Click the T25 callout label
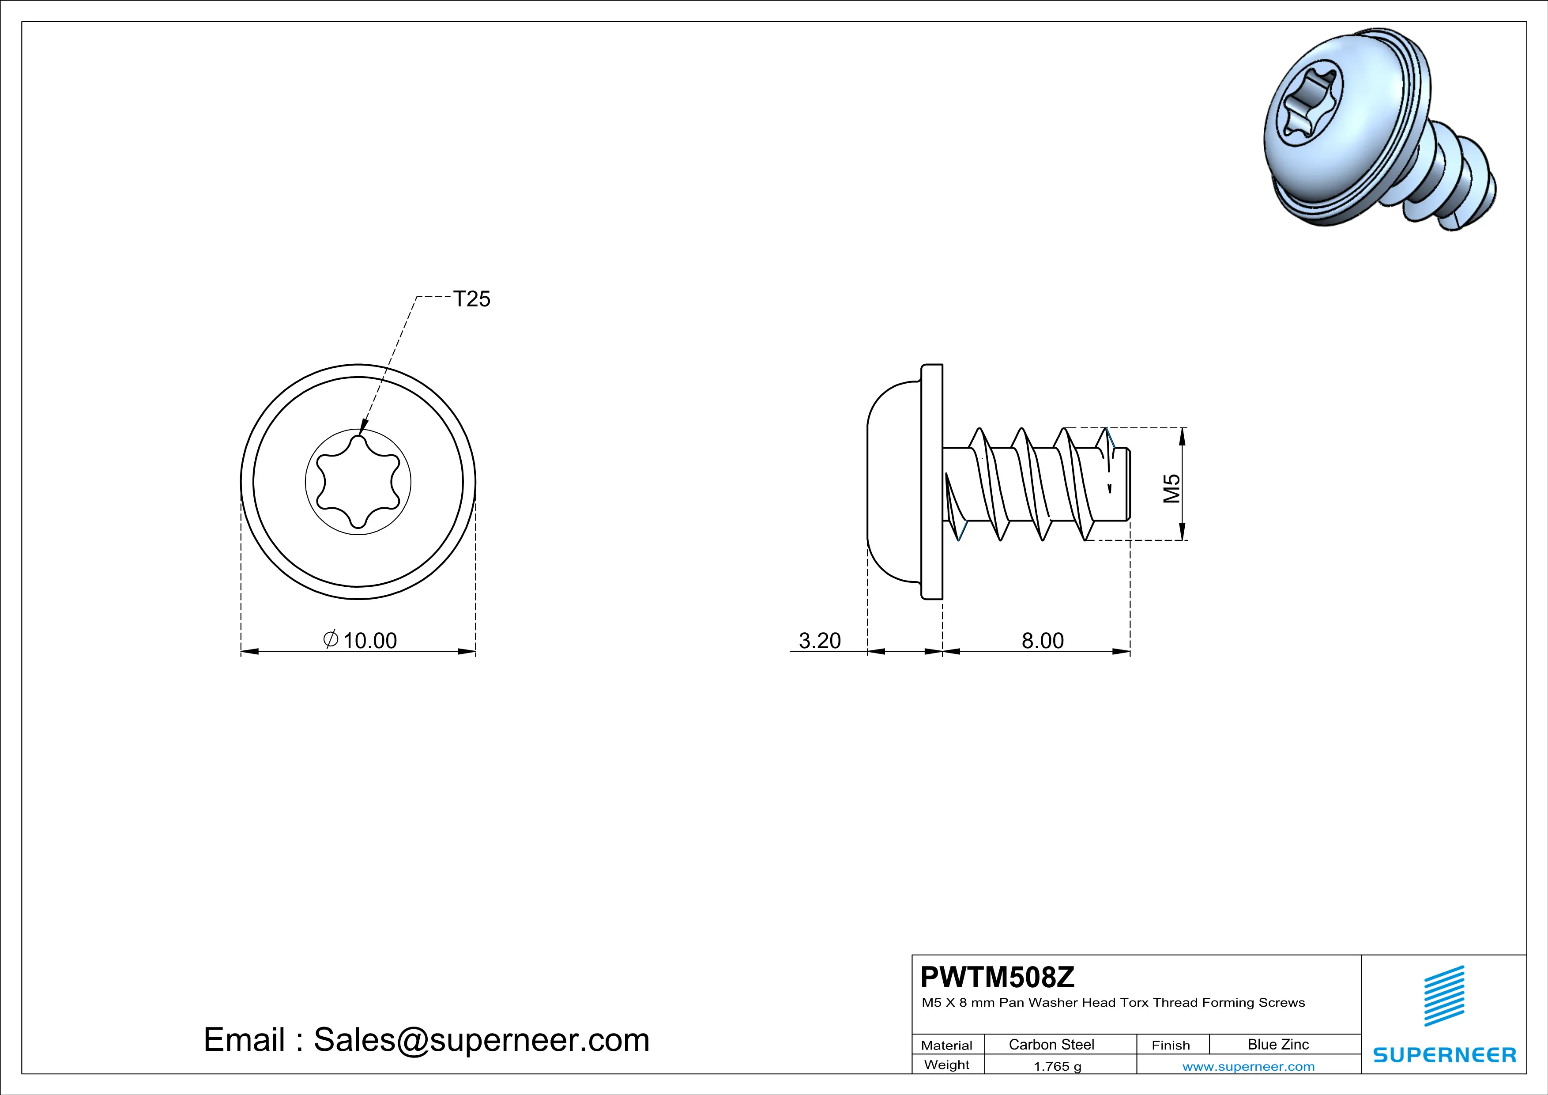click(472, 299)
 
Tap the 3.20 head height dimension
click(819, 641)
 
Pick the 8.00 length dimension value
click(1042, 641)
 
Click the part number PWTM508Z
click(998, 977)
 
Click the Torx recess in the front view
click(358, 481)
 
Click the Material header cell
click(947, 1045)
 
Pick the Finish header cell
click(1171, 1045)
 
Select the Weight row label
click(947, 1065)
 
